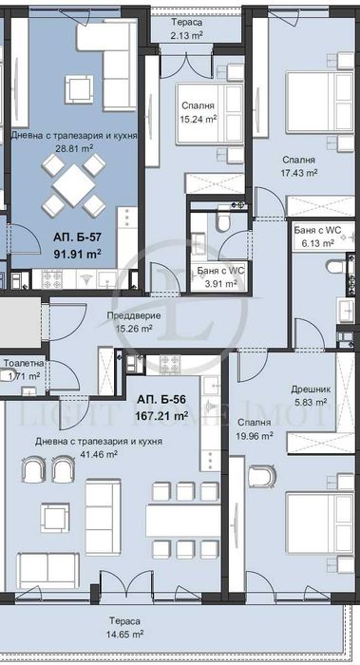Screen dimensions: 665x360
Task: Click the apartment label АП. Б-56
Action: pos(166,400)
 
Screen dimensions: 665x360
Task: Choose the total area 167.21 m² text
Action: pos(166,415)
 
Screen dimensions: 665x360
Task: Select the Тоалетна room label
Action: pos(23,363)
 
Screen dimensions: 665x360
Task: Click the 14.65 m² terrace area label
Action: pos(123,633)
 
